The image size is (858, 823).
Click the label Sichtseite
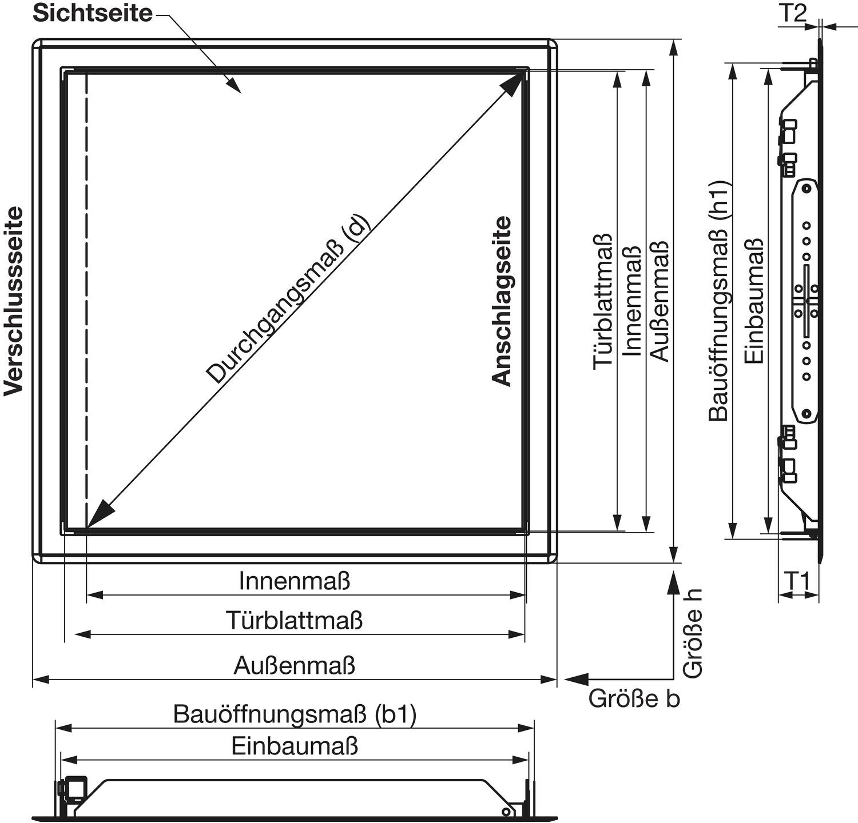click(93, 13)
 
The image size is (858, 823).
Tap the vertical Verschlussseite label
click(14, 301)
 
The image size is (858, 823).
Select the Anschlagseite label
click(502, 301)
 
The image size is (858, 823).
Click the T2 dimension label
click(792, 13)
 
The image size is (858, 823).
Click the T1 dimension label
click(796, 581)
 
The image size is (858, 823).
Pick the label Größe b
click(634, 698)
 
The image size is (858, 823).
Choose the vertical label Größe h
click(693, 634)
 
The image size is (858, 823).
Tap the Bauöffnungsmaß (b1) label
click(295, 714)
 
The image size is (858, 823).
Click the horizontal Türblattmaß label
click(295, 620)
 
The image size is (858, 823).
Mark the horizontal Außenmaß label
click(295, 666)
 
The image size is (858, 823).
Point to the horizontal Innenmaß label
click(295, 581)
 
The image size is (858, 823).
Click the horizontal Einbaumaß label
click(295, 746)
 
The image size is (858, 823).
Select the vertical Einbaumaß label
click(754, 301)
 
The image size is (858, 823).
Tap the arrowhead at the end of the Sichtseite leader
click(233, 85)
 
